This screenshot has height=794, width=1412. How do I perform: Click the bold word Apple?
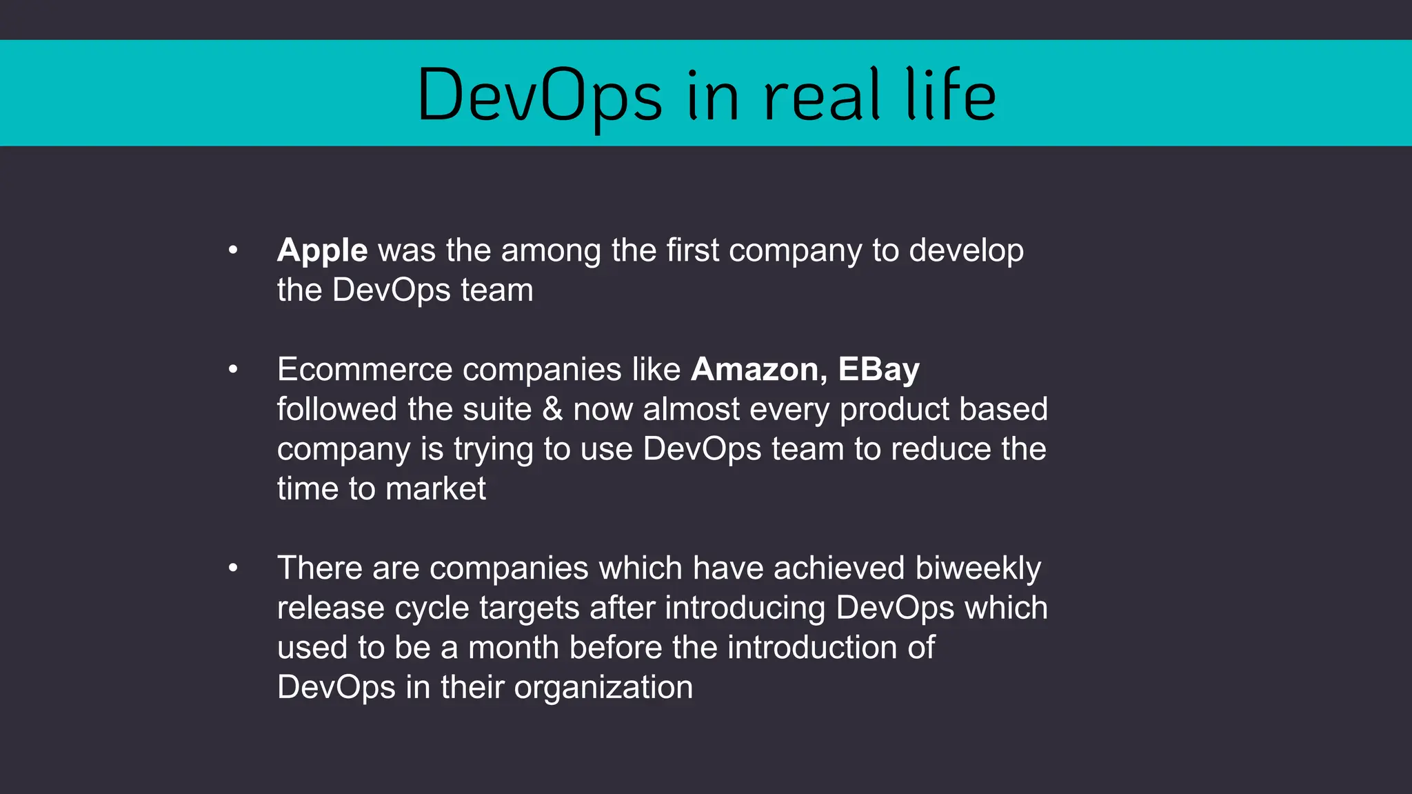(x=322, y=251)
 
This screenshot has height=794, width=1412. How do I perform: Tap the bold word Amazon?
(x=754, y=370)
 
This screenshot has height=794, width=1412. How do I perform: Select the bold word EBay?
(x=878, y=370)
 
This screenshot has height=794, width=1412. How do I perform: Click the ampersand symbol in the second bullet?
(x=552, y=409)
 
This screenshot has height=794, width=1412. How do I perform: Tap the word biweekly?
(x=978, y=569)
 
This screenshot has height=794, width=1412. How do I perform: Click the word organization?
(x=603, y=687)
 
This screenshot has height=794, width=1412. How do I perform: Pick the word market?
(x=435, y=489)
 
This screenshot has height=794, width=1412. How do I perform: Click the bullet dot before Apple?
(x=233, y=250)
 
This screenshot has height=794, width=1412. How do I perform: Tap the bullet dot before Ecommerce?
(x=233, y=370)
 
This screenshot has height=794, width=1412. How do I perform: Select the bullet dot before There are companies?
(x=233, y=568)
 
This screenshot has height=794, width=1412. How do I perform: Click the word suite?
(x=497, y=409)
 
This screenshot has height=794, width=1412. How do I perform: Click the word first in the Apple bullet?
(x=692, y=250)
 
